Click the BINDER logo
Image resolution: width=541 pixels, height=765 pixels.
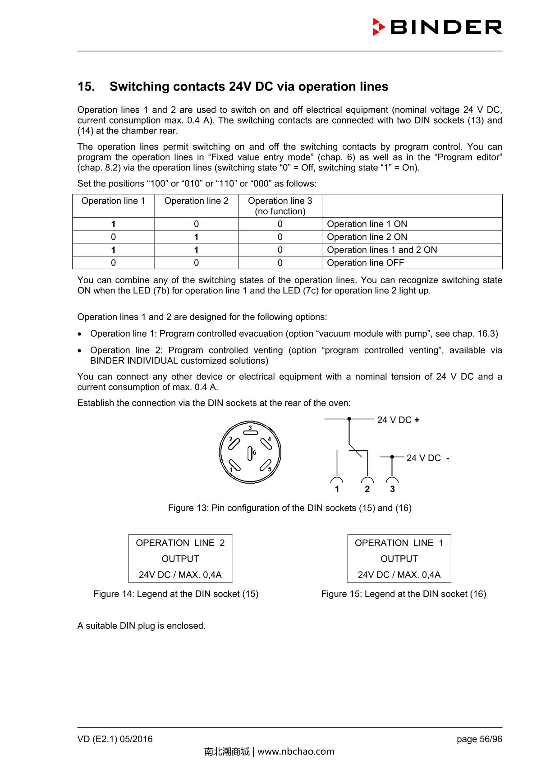437,27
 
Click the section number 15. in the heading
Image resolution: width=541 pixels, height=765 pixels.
86,87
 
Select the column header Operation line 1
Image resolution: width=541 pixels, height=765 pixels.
113,201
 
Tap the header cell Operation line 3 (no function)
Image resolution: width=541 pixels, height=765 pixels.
280,206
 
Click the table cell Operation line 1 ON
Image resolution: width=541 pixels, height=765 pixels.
367,224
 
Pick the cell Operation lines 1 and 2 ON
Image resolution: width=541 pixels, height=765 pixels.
382,250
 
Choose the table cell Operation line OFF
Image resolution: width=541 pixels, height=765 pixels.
366,263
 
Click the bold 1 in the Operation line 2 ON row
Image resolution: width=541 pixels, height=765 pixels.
196,237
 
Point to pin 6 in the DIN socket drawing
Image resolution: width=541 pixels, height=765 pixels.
250,453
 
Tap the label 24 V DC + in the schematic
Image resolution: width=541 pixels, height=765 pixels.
398,420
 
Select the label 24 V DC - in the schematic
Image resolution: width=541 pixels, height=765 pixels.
427,458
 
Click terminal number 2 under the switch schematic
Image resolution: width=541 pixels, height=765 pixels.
367,489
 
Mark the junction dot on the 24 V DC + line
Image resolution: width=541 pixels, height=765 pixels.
349,419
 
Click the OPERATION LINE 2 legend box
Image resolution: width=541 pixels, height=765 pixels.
180,559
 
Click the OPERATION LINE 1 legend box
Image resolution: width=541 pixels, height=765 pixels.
399,559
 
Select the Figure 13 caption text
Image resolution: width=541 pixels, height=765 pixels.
289,508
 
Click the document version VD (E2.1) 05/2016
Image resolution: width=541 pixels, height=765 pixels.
115,739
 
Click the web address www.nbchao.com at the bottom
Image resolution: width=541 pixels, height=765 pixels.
296,751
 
